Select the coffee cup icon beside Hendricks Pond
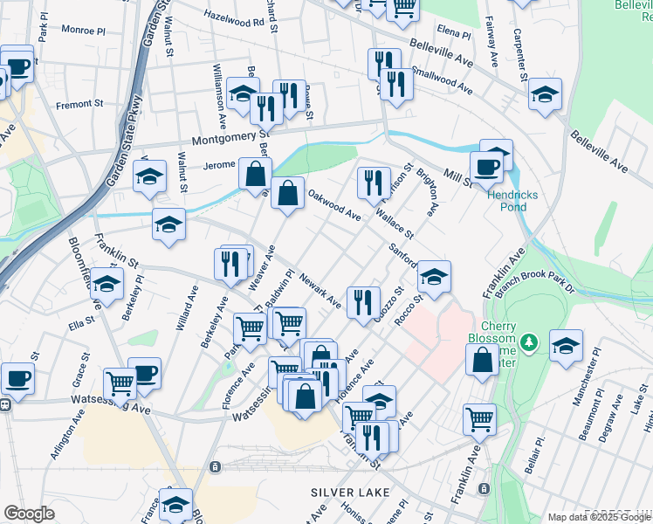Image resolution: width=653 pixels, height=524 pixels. (485, 166)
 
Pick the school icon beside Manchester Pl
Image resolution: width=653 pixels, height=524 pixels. (566, 346)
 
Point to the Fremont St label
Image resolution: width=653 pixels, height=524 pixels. (79, 104)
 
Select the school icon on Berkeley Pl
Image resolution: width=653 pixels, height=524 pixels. (107, 284)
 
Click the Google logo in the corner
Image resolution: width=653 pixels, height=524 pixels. (30, 514)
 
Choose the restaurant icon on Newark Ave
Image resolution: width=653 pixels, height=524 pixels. (363, 301)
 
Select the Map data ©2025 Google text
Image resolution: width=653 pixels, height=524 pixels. (598, 517)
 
